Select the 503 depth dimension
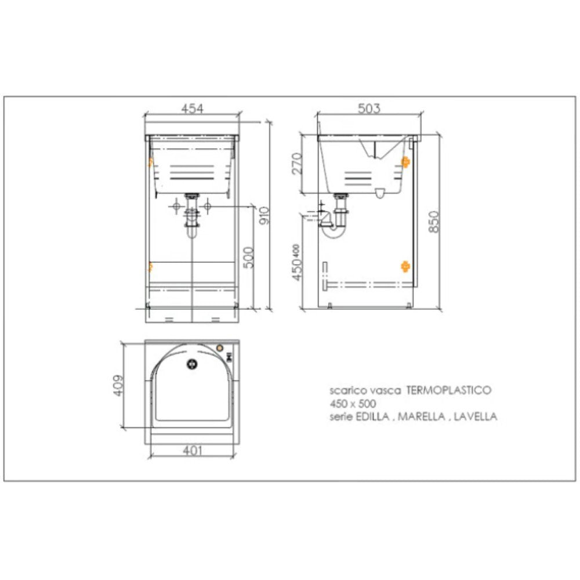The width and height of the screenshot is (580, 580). (369, 108)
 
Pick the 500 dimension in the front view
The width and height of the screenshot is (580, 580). (248, 256)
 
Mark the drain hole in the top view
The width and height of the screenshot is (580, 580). (191, 364)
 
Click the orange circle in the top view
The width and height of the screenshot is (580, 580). (220, 348)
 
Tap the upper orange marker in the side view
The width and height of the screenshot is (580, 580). (405, 162)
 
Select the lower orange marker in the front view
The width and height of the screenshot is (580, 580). (150, 267)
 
